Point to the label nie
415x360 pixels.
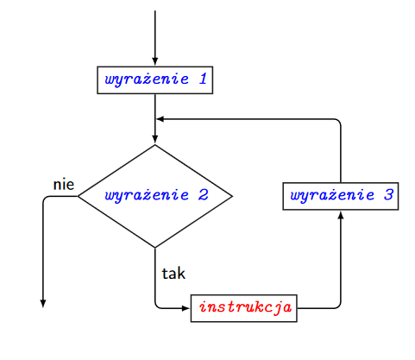[64, 185]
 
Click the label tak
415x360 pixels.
[173, 274]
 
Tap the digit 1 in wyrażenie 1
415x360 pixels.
[203, 79]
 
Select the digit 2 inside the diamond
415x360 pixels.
[203, 195]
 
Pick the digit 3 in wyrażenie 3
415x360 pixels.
[388, 195]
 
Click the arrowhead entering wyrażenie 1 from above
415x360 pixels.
[155, 62]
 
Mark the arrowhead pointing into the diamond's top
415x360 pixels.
[155, 139]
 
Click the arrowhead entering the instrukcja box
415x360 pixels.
[185, 308]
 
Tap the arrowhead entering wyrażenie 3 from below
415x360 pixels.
[341, 215]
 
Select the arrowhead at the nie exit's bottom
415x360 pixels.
[43, 304]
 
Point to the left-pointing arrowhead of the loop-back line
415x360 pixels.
[160, 119]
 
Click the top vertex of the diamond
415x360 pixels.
[155, 144]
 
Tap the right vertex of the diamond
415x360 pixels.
[232, 196]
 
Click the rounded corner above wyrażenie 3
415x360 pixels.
[339, 121]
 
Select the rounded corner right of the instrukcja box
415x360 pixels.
[339, 306]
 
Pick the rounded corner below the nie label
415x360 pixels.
[45, 198]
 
